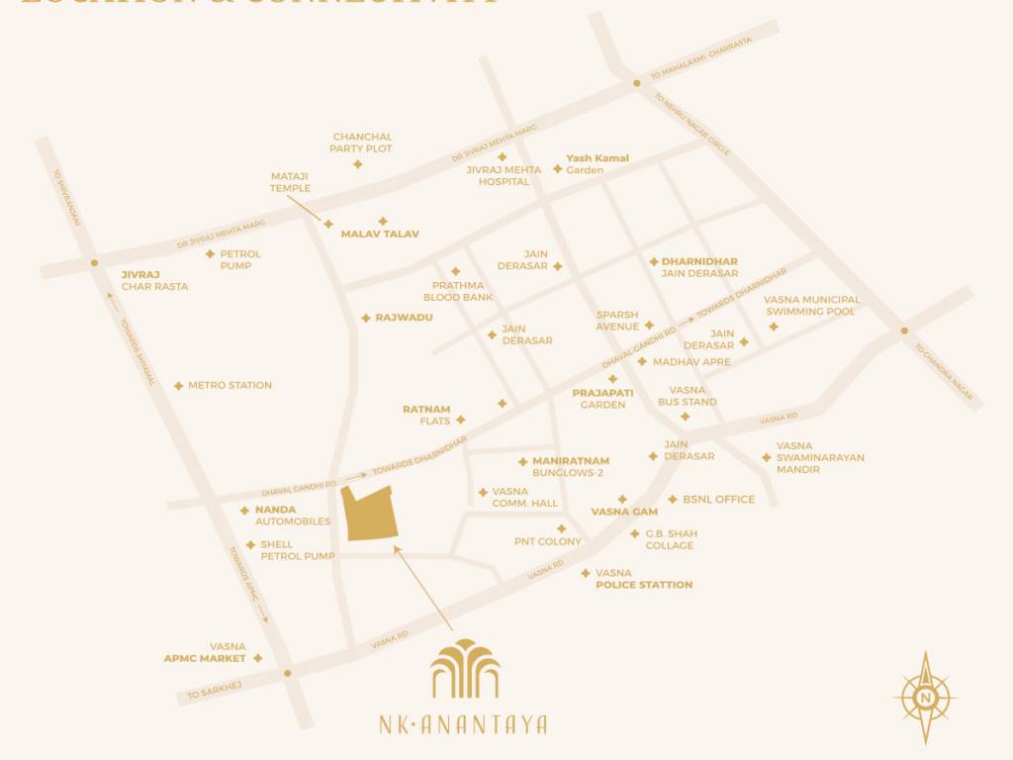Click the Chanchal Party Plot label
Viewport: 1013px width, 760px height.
pyautogui.click(x=362, y=142)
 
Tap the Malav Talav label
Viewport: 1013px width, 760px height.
pyautogui.click(x=380, y=235)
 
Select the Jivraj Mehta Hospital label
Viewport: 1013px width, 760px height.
pyautogui.click(x=504, y=175)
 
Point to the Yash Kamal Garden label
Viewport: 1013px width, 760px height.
pyautogui.click(x=597, y=164)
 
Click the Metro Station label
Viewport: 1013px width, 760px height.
pyautogui.click(x=230, y=386)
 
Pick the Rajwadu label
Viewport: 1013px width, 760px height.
pyautogui.click(x=404, y=318)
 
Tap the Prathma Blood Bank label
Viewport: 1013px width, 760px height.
pyautogui.click(x=458, y=291)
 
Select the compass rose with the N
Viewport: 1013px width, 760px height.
pyautogui.click(x=925, y=697)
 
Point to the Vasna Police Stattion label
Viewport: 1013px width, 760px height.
pyautogui.click(x=643, y=579)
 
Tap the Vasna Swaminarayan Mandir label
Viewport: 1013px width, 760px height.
pyautogui.click(x=820, y=457)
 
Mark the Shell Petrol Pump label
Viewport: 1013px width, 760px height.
pyautogui.click(x=297, y=550)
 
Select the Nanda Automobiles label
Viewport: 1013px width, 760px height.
pyautogui.click(x=293, y=516)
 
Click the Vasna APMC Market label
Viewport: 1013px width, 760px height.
pyautogui.click(x=205, y=652)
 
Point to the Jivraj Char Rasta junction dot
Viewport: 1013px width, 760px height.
pyautogui.click(x=93, y=263)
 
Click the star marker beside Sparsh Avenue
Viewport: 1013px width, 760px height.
pyautogui.click(x=649, y=326)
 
